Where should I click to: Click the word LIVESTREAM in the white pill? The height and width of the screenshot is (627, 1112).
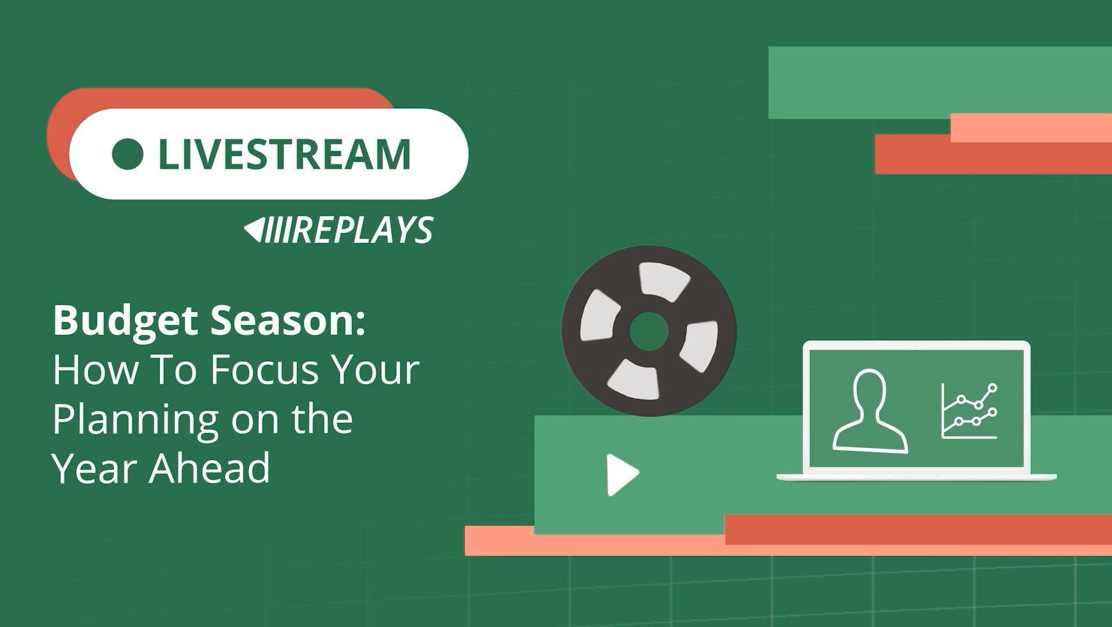(x=284, y=154)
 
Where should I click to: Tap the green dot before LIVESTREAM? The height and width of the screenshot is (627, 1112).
(x=128, y=154)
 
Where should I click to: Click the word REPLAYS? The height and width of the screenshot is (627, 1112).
(x=363, y=230)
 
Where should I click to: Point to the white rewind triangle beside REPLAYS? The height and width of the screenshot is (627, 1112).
(x=254, y=230)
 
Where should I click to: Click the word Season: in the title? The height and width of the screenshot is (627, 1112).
(x=288, y=320)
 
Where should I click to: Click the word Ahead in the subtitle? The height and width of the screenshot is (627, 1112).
(x=210, y=468)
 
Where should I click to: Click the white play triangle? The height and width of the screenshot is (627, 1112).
(x=622, y=475)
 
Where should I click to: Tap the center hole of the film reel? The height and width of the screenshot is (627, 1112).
(x=648, y=331)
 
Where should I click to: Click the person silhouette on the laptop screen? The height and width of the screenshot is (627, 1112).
(x=869, y=411)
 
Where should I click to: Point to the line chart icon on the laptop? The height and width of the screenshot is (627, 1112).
(x=969, y=411)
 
